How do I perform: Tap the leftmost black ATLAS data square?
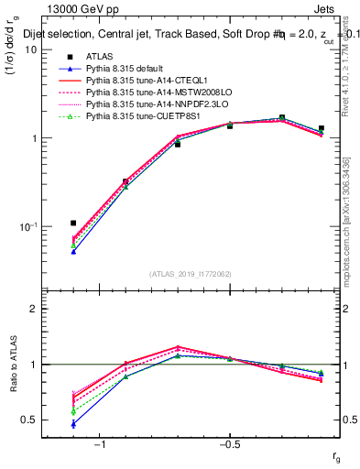point(73,223)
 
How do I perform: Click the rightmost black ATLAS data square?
point(321,129)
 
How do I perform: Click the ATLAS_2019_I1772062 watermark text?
point(191,273)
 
